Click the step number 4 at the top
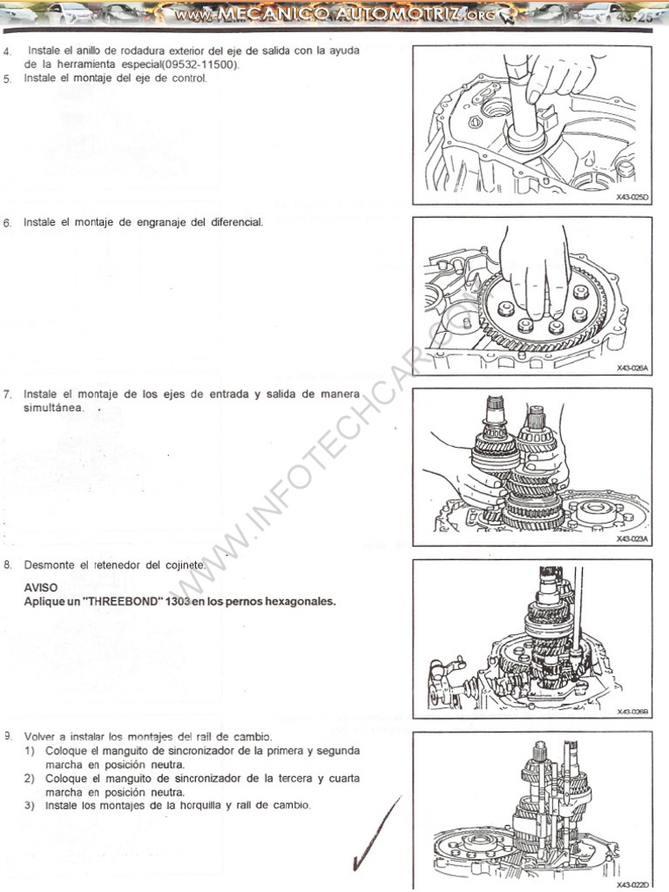point(7,51)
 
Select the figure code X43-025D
point(632,198)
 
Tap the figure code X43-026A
point(632,368)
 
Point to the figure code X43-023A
point(632,539)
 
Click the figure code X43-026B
point(632,711)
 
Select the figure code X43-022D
point(632,883)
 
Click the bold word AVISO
point(41,587)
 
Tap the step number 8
point(7,564)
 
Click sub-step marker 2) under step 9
point(30,778)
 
